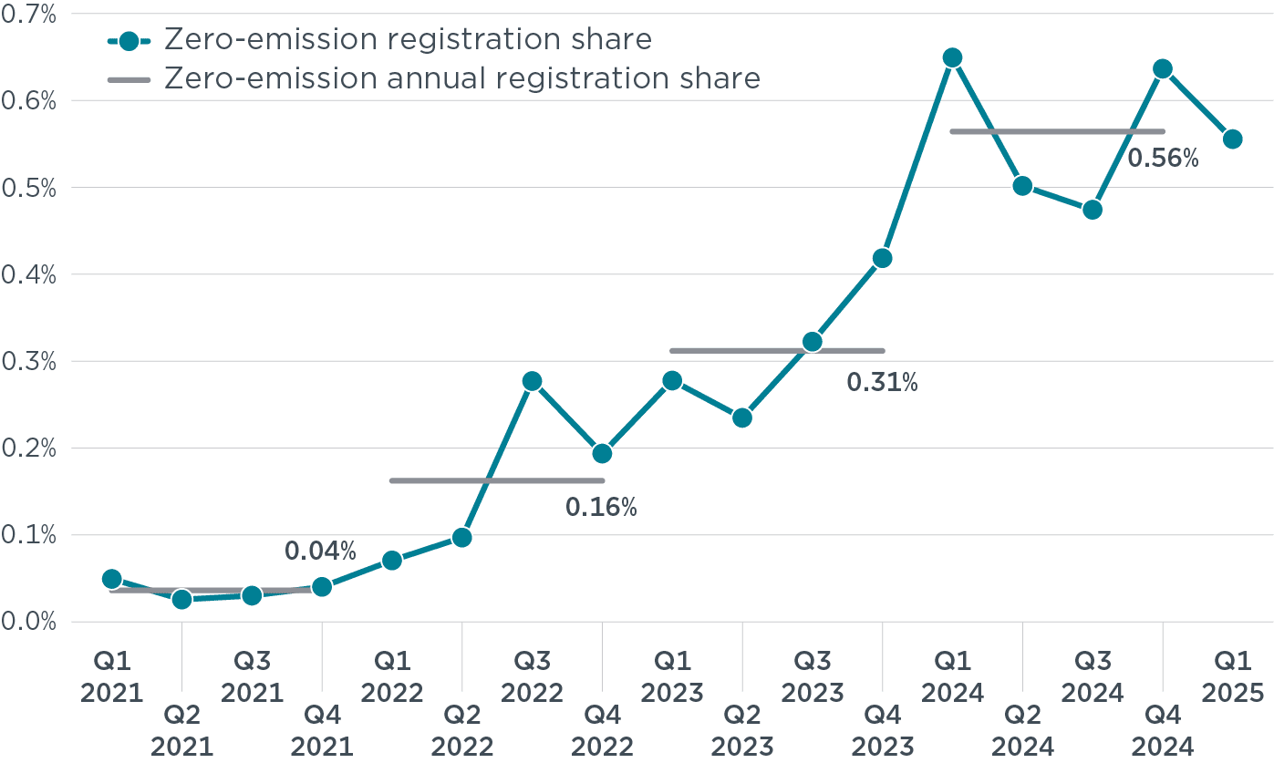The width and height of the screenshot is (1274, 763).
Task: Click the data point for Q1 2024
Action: coord(952,58)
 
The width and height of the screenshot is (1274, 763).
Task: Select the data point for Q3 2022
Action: coord(532,381)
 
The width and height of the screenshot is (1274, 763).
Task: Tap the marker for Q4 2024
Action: coord(1162,69)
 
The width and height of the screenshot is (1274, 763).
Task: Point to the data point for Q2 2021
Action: coord(181,599)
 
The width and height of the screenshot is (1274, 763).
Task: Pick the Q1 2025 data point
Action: coord(1232,139)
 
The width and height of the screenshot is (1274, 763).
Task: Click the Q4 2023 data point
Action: coord(882,259)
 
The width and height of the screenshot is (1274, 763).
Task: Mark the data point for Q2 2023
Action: coord(742,418)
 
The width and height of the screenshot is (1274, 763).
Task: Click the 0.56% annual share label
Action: coord(1163,159)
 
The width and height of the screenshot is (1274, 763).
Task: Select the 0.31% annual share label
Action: coord(882,383)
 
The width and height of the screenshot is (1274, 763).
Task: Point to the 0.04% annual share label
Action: coord(320,552)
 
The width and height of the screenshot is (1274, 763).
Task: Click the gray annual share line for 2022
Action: coord(496,480)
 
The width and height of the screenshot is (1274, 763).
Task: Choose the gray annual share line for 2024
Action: coord(1057,132)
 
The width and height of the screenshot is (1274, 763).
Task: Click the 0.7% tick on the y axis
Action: coord(29,15)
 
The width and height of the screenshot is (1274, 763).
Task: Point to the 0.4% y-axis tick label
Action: coord(29,274)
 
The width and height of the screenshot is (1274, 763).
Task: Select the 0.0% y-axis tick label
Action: coord(29,623)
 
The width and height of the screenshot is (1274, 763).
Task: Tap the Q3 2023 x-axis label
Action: coord(812,677)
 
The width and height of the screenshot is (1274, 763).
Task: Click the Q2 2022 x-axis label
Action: coord(461,732)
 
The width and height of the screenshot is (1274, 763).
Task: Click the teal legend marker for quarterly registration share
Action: coord(129,40)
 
